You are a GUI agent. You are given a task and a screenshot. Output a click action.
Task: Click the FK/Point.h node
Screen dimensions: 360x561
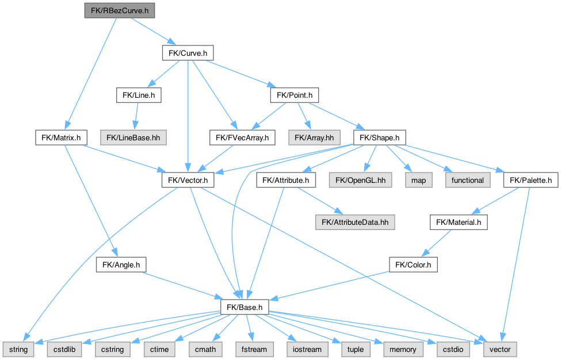click(x=294, y=95)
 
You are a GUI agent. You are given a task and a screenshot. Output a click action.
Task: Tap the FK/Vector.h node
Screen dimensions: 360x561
click(x=188, y=180)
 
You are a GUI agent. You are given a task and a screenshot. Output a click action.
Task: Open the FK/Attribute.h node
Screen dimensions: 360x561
click(x=286, y=180)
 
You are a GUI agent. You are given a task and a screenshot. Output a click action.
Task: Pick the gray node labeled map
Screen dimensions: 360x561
click(x=419, y=180)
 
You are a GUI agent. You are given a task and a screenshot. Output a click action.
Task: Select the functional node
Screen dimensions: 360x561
click(x=467, y=180)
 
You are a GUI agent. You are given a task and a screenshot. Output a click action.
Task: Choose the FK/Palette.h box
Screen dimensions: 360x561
click(x=531, y=180)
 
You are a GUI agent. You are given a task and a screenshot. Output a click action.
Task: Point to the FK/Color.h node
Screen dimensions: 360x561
click(x=414, y=265)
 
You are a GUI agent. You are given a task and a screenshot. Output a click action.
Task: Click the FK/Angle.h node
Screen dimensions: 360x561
click(x=121, y=265)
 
